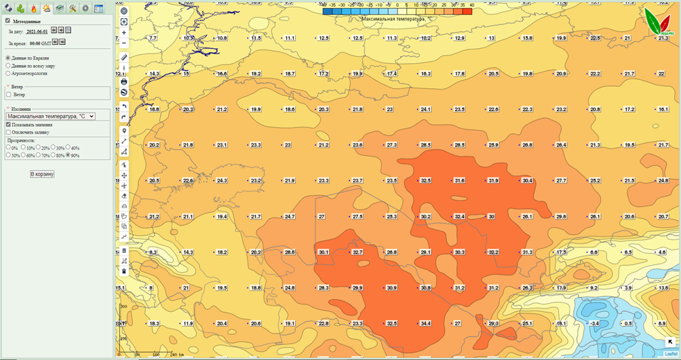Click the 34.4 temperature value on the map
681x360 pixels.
point(425,323)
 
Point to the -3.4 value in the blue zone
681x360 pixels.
point(594,323)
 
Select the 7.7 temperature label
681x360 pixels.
point(153,38)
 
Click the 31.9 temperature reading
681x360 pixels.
point(493,180)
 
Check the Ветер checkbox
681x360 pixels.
point(9,95)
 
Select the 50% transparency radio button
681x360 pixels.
point(8,155)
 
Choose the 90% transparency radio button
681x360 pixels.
point(68,155)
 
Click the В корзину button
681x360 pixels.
point(42,174)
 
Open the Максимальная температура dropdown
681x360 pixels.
point(50,117)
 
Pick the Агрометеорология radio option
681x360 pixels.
point(8,73)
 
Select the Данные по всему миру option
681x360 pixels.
point(8,66)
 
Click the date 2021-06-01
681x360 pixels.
point(37,31)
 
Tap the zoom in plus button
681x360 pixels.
point(124,33)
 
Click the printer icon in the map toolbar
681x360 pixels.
point(124,81)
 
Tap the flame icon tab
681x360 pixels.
point(33,9)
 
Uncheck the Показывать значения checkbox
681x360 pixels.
point(8,125)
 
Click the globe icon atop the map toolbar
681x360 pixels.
point(124,12)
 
